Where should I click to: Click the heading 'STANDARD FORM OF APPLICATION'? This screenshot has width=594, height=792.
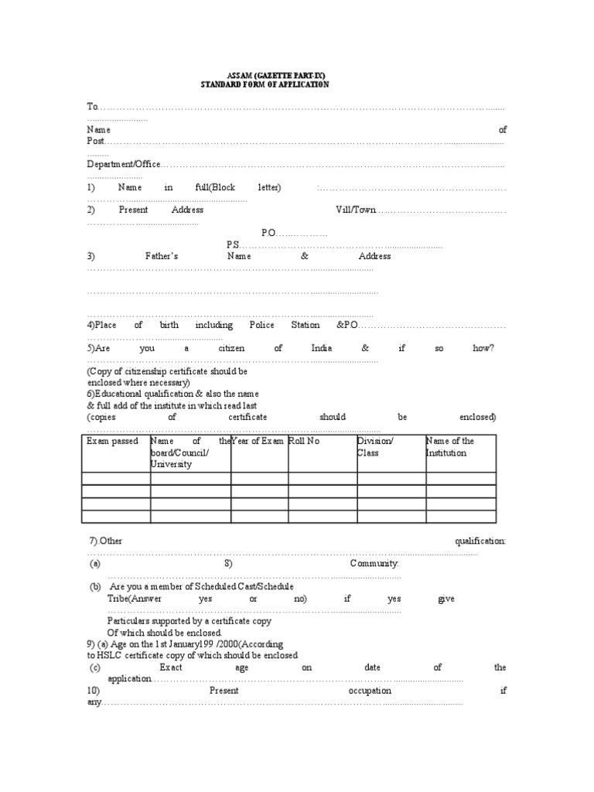click(x=265, y=84)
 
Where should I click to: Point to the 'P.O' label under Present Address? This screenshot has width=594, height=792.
click(x=268, y=233)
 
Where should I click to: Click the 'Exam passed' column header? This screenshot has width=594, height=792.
click(x=113, y=441)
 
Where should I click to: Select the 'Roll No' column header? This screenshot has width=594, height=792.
click(x=304, y=441)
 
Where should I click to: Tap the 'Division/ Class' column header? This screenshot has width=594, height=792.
click(x=375, y=446)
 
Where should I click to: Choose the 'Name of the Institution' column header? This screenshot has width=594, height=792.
click(x=450, y=446)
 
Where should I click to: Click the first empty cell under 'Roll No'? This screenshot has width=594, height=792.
click(x=322, y=478)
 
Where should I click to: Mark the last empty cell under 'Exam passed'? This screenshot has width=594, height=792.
click(x=116, y=516)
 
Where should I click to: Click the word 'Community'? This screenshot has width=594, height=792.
click(x=374, y=564)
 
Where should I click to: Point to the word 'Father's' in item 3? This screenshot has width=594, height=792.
click(x=162, y=256)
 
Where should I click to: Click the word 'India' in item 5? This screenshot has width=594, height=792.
click(x=322, y=348)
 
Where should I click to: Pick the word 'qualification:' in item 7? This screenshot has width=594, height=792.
click(x=480, y=541)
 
